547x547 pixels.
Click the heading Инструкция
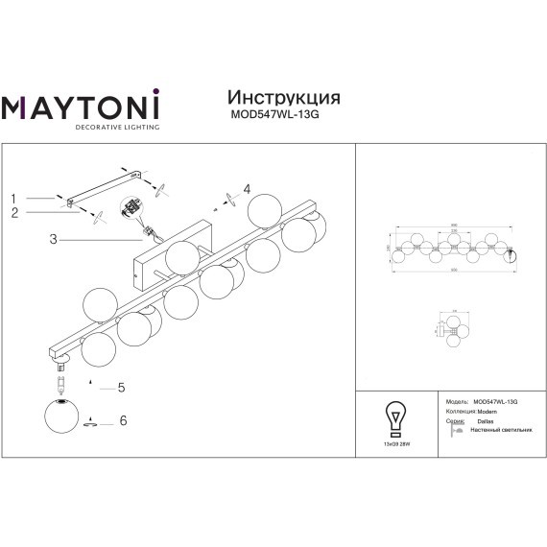[282, 99]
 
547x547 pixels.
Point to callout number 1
[14, 198]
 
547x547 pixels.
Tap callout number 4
[247, 189]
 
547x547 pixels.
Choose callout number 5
[121, 388]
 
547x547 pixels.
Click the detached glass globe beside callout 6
[61, 418]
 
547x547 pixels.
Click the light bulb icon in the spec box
[392, 416]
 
